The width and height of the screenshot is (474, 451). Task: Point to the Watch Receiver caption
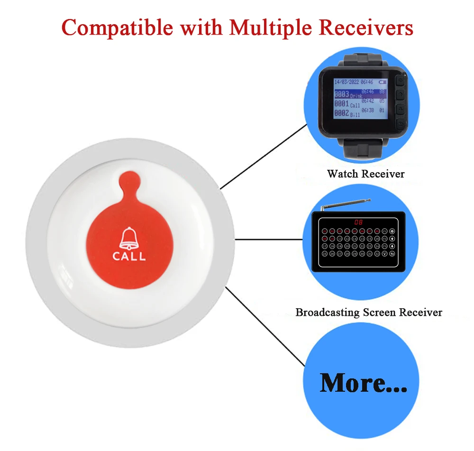tap(365, 174)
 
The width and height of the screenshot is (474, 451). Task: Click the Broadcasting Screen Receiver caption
tap(368, 313)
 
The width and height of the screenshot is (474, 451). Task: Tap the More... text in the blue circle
tap(364, 383)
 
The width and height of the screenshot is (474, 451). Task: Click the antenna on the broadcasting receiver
tap(346, 205)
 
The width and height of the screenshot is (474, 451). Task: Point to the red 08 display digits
tap(358, 221)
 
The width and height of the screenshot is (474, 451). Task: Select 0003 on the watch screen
tap(341, 94)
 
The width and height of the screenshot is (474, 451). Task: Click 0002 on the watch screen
tap(341, 113)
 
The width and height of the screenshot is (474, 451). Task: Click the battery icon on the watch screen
tap(382, 82)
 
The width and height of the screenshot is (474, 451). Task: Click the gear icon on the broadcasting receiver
tap(392, 231)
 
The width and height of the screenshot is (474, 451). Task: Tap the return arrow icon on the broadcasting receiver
tap(392, 254)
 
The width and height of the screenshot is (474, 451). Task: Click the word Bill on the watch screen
tap(355, 115)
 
